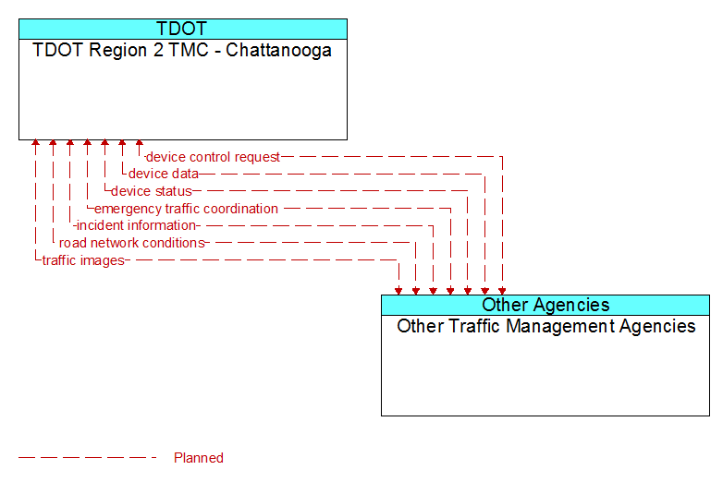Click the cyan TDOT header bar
[183, 29]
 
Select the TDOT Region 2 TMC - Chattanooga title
[182, 50]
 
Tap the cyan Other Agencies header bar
[545, 306]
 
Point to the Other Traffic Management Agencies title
[545, 326]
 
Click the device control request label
[213, 157]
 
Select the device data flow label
[164, 174]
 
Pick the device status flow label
[152, 191]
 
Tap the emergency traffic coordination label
[186, 209]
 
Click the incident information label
[136, 225]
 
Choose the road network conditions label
[132, 243]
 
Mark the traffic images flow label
[83, 260]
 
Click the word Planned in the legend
[199, 458]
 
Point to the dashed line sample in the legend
[87, 458]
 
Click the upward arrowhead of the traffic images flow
[35, 143]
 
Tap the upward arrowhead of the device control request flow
[140, 143]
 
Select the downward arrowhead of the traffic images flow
[398, 291]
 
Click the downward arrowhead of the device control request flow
[502, 291]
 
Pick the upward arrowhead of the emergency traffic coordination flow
[87, 143]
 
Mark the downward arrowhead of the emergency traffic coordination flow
[450, 291]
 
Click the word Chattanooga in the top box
[278, 50]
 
